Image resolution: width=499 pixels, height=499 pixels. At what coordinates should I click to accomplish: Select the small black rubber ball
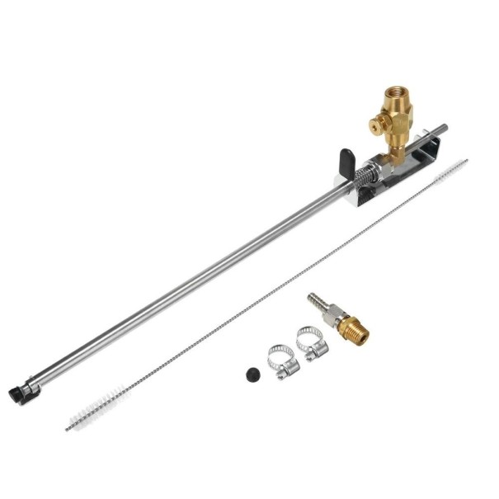253,374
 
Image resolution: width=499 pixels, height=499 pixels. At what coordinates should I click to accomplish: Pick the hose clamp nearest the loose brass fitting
312,343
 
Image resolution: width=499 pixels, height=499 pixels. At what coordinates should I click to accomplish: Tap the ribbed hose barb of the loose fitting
315,303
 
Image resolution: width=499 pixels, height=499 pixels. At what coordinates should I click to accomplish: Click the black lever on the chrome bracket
346,157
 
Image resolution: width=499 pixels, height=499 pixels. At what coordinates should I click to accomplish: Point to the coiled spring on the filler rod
363,177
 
